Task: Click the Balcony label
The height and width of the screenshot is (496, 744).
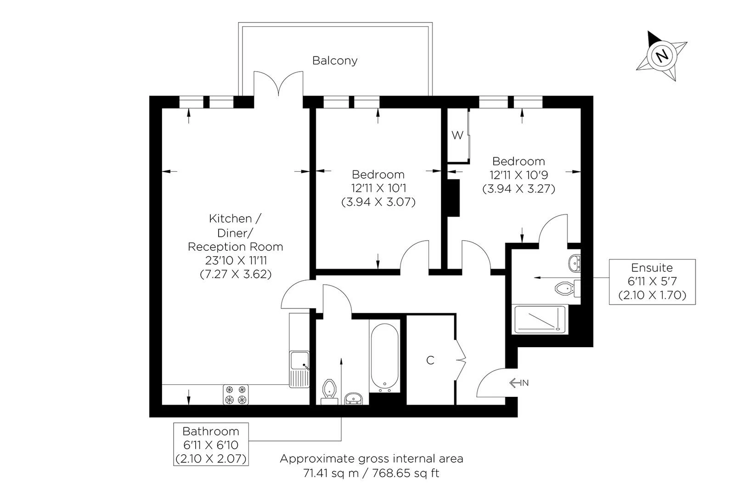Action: point(335,61)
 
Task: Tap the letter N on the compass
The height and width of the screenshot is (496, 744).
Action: point(662,56)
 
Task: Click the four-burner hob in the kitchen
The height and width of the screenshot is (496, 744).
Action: point(236,395)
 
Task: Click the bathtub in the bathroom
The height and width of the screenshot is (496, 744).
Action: point(384,357)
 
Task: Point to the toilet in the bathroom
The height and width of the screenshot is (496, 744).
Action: point(329,389)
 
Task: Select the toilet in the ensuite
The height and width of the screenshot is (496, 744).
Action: point(566,288)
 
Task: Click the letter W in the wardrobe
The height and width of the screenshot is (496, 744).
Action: point(457,135)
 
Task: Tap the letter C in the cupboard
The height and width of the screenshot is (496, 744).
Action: point(430,361)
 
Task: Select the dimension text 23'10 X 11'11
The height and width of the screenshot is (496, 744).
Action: point(236,260)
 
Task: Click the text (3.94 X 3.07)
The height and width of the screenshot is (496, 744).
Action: point(378,202)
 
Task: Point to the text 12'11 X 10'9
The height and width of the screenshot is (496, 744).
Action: point(519,175)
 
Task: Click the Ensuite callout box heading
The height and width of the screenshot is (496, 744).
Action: point(652,268)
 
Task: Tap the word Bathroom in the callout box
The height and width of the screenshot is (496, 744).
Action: point(211,431)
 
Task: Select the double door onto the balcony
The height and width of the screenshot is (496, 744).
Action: point(278,85)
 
